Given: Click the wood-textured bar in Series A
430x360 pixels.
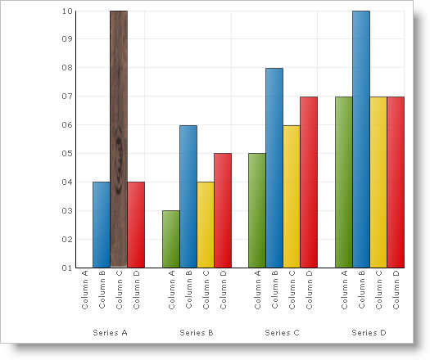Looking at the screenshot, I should [119, 139].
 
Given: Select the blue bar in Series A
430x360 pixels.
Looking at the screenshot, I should [102, 224].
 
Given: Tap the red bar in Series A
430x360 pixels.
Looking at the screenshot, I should [136, 224].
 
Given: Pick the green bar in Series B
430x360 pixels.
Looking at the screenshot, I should [170, 239].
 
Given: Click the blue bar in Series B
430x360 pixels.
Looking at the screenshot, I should [188, 196].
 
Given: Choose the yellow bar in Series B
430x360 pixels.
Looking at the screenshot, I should [205, 224].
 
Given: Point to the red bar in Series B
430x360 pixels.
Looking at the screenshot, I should [222, 210].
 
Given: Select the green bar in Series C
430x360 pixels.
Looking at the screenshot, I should [256, 210].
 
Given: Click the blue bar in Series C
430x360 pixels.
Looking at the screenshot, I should [274, 168].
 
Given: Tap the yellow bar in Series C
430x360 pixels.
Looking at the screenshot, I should [291, 196].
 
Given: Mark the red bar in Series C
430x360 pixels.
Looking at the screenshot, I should [309, 182].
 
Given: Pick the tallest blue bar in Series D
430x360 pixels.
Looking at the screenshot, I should [360, 139].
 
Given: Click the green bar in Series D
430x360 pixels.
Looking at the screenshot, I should [343, 182].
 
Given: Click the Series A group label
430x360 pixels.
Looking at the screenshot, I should [110, 333].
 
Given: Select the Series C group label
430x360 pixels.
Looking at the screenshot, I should [283, 333].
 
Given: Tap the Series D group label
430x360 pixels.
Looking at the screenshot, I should [369, 333].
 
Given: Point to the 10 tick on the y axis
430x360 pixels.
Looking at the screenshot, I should [66, 11].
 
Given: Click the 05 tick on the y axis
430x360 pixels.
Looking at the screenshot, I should [66, 154].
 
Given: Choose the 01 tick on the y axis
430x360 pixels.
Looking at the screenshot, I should [66, 268].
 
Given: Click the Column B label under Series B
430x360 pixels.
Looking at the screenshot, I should [188, 290].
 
